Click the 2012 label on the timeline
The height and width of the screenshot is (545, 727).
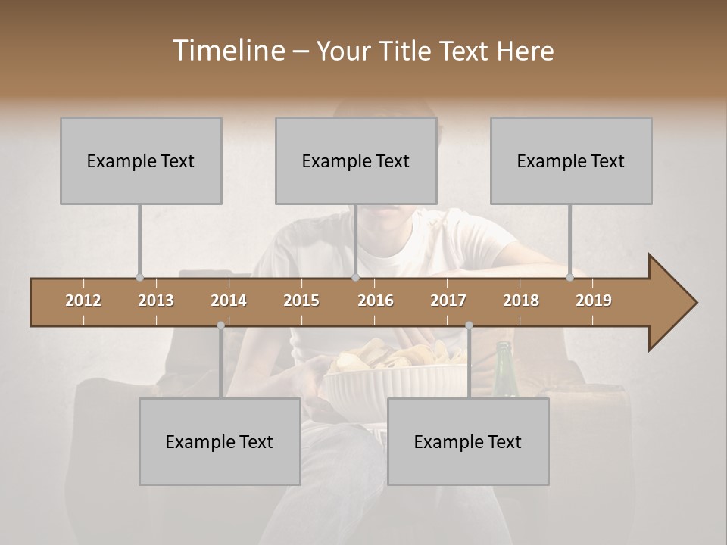coord(83,301)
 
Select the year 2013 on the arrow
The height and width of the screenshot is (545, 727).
coord(156,301)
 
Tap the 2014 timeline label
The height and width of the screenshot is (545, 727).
coord(229,301)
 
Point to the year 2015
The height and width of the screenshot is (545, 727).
coord(301,301)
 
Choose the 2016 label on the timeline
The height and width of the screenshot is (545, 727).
coord(376,301)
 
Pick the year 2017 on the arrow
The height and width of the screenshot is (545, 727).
coord(448,301)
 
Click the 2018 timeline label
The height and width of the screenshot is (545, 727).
coord(521,301)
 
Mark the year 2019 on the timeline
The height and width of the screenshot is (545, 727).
coord(594,301)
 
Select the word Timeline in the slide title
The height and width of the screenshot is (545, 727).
coord(228,51)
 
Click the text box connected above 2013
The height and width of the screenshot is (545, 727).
coord(141,160)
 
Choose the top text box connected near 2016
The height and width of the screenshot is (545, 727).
coord(356,160)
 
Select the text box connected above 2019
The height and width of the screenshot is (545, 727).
coord(571,160)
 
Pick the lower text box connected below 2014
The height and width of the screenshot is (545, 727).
coord(220,441)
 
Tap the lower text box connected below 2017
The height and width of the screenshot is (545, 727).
coord(468,441)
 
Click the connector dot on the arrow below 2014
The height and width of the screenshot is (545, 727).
coord(220,325)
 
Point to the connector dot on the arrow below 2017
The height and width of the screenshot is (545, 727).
coord(469,325)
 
